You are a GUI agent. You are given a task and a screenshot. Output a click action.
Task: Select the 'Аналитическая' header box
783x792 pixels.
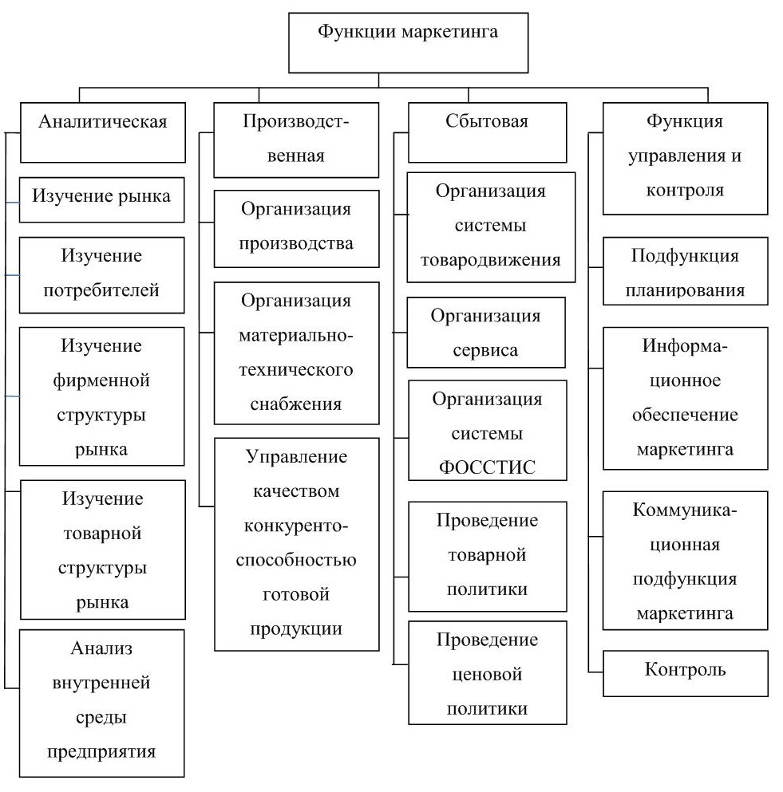coord(102,132)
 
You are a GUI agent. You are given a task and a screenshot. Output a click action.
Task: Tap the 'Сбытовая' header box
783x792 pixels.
coord(487,132)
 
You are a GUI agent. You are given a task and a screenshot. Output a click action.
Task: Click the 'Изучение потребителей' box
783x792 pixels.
coord(101,273)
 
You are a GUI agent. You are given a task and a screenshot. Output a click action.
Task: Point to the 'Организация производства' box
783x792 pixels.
coord(296,227)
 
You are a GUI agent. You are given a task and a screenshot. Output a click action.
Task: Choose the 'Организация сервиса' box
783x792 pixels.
coord(486,333)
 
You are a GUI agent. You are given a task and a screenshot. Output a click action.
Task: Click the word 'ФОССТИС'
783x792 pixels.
coord(487,467)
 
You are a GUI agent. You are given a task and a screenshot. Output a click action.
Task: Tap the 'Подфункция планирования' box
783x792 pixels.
coord(685,271)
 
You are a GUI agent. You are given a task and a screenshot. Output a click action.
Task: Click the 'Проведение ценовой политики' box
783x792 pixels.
coord(487,673)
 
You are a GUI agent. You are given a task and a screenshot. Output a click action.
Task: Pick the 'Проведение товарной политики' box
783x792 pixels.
coord(487,554)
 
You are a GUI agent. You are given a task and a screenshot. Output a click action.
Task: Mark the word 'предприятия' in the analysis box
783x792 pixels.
coord(101,751)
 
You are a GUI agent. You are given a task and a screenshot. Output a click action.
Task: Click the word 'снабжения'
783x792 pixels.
coord(296,404)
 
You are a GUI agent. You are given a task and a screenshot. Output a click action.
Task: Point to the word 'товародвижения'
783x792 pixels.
coord(491,260)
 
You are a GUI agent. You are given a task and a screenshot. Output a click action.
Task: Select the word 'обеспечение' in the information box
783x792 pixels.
coord(685,415)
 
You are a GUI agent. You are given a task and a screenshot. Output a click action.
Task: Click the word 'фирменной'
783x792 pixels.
coord(101,380)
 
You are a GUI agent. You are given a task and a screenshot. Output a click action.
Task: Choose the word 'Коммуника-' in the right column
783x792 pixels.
coord(685,510)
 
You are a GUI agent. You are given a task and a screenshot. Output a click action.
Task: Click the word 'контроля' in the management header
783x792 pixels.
coord(685,191)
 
